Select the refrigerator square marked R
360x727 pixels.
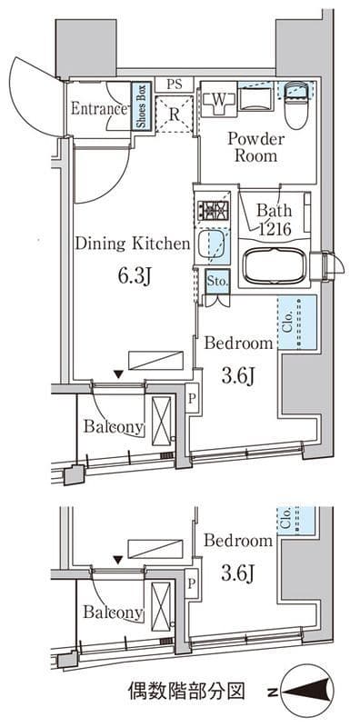[x=174, y=115]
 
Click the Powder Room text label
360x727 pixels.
[x=255, y=147]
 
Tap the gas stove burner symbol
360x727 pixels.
[x=213, y=210]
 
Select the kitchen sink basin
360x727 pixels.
[x=212, y=247]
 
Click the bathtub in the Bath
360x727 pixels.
[x=275, y=265]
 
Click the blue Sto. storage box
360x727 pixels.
[x=217, y=282]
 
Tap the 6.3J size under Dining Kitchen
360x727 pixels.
[x=135, y=277]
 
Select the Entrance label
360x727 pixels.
[x=99, y=108]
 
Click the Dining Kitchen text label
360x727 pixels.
[x=133, y=244]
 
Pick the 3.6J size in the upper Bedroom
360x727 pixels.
[x=237, y=377]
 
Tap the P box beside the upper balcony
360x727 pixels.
[x=192, y=398]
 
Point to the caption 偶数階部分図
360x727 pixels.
[x=185, y=692]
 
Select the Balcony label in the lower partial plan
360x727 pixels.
[x=114, y=612]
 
